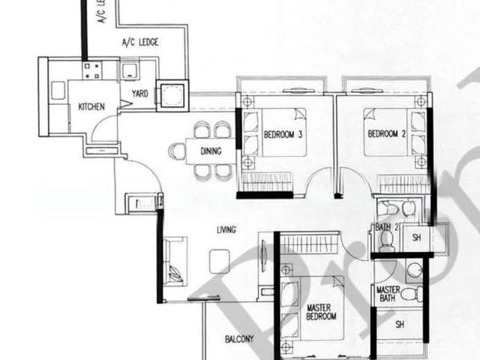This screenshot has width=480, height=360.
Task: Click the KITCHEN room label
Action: [x=91, y=107]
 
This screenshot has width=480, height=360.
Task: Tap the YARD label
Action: [x=139, y=94]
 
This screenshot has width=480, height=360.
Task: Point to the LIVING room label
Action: [x=226, y=230]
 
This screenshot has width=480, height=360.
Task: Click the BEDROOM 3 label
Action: [x=283, y=136]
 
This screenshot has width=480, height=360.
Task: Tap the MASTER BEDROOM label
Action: [x=324, y=313]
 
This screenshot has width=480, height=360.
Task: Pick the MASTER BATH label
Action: [x=388, y=294]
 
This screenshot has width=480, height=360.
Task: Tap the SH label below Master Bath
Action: [x=400, y=325]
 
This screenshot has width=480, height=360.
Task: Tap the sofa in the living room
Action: [x=174, y=260]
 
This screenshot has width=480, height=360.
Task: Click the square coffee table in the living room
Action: [x=219, y=260]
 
